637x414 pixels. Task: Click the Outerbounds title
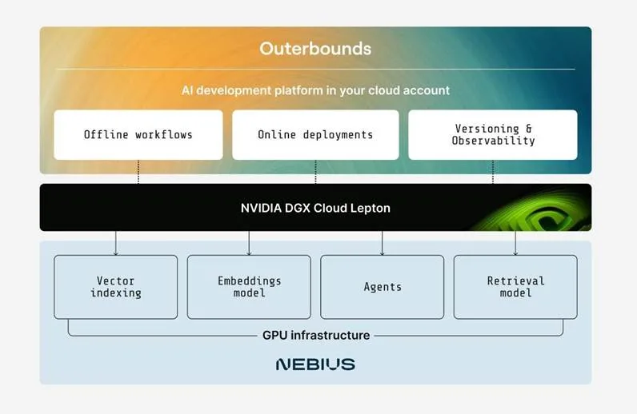click(x=315, y=49)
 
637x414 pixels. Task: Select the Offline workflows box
click(x=138, y=134)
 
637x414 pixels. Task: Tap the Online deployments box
click(x=315, y=134)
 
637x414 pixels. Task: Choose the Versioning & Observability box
click(x=493, y=134)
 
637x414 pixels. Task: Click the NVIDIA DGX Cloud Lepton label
click(x=315, y=208)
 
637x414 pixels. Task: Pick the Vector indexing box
click(x=116, y=287)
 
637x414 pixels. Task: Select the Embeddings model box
click(x=249, y=287)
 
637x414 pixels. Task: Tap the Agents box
click(x=382, y=287)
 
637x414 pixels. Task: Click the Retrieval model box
click(x=515, y=287)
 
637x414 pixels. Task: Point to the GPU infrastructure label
click(x=315, y=335)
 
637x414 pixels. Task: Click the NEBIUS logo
click(x=315, y=364)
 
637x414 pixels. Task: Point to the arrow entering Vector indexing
click(x=116, y=244)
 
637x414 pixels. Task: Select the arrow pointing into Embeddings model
click(x=249, y=244)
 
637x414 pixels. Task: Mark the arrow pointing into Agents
click(x=382, y=244)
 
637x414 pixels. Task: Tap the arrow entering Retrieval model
click(x=515, y=244)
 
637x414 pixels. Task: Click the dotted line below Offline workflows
click(x=138, y=172)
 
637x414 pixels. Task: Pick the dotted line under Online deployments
click(x=315, y=172)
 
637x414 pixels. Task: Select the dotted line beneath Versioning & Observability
click(x=493, y=172)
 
